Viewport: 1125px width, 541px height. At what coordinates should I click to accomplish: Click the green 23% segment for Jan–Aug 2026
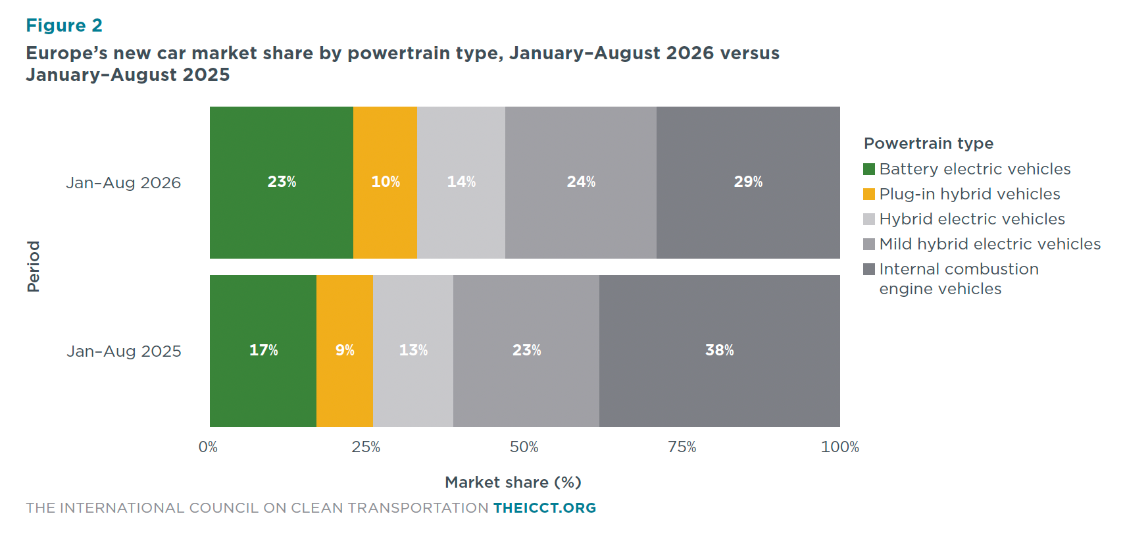pyautogui.click(x=282, y=182)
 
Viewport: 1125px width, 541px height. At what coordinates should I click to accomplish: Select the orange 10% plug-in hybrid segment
pyautogui.click(x=386, y=182)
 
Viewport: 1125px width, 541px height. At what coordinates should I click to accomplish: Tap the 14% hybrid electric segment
pyautogui.click(x=461, y=182)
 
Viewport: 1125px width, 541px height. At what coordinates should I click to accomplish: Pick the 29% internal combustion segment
pyautogui.click(x=748, y=182)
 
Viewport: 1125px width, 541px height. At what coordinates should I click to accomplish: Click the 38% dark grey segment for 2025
pyautogui.click(x=719, y=351)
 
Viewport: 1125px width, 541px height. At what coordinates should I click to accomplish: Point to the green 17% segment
pyautogui.click(x=263, y=351)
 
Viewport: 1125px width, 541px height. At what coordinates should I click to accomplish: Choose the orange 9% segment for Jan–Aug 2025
pyautogui.click(x=345, y=351)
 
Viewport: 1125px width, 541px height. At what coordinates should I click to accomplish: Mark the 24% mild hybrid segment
pyautogui.click(x=580, y=182)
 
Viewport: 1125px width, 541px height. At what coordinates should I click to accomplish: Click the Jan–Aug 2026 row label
pyautogui.click(x=124, y=182)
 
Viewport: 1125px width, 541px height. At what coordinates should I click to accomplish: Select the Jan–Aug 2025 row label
pyautogui.click(x=124, y=351)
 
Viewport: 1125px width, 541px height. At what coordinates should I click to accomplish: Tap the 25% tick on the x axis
pyautogui.click(x=366, y=447)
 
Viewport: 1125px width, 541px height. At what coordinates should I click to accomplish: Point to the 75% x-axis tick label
pyautogui.click(x=682, y=447)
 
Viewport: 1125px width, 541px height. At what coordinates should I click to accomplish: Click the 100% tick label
pyautogui.click(x=839, y=447)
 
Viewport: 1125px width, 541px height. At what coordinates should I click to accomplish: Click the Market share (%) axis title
pyautogui.click(x=512, y=482)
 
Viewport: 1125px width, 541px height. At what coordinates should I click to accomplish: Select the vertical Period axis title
pyautogui.click(x=33, y=267)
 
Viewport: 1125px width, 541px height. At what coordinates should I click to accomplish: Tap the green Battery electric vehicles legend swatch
pyautogui.click(x=869, y=168)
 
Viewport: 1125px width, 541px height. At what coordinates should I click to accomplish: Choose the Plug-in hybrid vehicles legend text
pyautogui.click(x=969, y=194)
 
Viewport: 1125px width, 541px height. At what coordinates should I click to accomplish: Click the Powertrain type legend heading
pyautogui.click(x=929, y=143)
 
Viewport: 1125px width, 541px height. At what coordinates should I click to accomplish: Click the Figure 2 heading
pyautogui.click(x=64, y=25)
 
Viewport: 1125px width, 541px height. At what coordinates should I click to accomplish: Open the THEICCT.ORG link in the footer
pyautogui.click(x=545, y=508)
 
